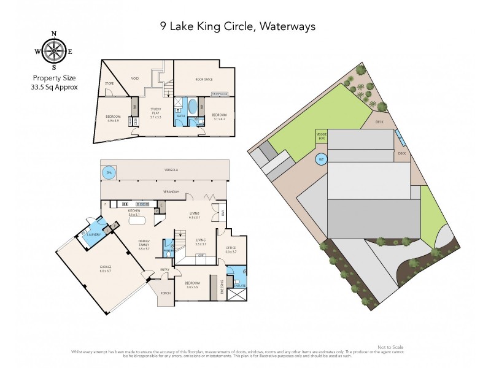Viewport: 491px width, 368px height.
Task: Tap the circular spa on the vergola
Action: point(107,172)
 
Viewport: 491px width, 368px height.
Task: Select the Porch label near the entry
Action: point(165,293)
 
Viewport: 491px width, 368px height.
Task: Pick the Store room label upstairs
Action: point(110,83)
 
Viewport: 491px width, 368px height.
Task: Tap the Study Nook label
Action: point(219,94)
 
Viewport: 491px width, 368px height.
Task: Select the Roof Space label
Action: point(204,78)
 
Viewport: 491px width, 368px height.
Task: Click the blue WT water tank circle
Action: point(320,159)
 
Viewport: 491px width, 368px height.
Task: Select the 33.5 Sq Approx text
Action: point(53,86)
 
